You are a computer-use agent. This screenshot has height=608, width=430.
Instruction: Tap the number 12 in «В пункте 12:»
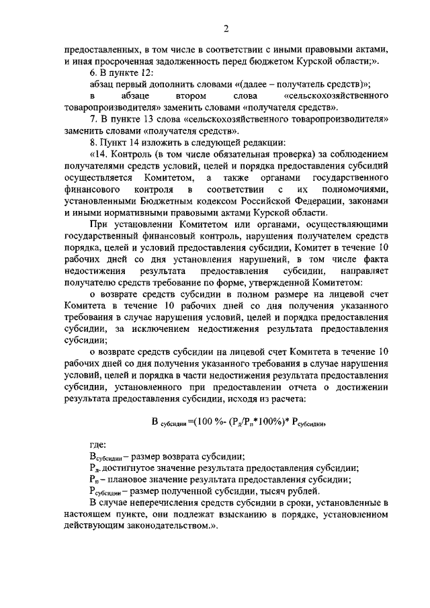point(148,72)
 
